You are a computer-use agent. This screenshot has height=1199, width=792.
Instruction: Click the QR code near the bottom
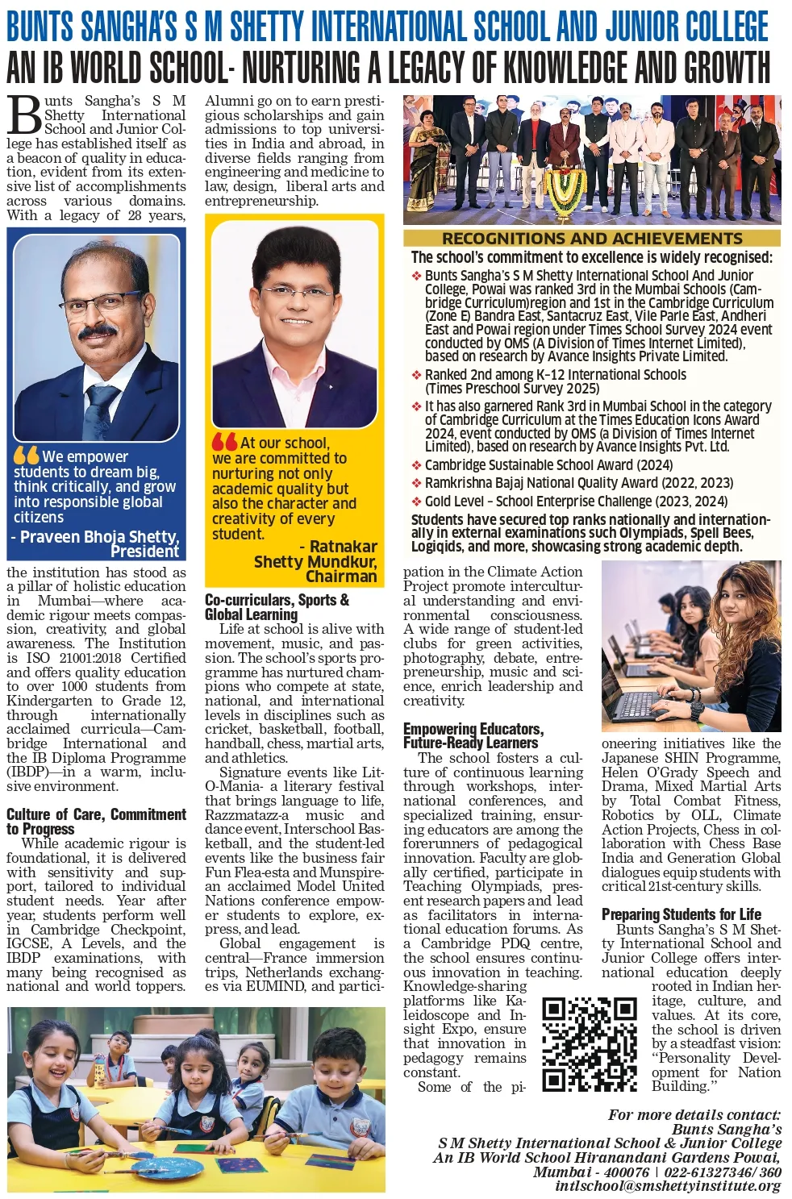tap(589, 1043)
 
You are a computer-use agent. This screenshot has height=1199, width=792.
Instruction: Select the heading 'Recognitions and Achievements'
tap(592, 238)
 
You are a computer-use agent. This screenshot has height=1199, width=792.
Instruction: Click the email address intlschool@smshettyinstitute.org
tap(668, 1185)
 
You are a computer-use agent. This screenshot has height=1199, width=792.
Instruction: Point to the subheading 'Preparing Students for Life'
tap(681, 914)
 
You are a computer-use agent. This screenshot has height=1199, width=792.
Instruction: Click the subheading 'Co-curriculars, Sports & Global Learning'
tap(277, 606)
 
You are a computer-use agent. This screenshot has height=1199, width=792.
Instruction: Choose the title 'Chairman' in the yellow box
tap(341, 576)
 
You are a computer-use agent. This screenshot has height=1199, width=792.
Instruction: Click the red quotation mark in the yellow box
tap(224, 442)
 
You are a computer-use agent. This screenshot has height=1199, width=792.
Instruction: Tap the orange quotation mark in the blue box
tap(26, 455)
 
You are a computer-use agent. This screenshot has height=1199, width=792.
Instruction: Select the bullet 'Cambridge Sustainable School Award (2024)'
tap(548, 464)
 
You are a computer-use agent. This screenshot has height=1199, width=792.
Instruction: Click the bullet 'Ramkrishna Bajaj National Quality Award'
tap(578, 482)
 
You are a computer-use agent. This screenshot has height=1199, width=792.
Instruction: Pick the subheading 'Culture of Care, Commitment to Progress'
tap(96, 821)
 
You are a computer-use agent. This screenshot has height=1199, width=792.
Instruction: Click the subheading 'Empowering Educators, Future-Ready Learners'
tap(473, 735)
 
